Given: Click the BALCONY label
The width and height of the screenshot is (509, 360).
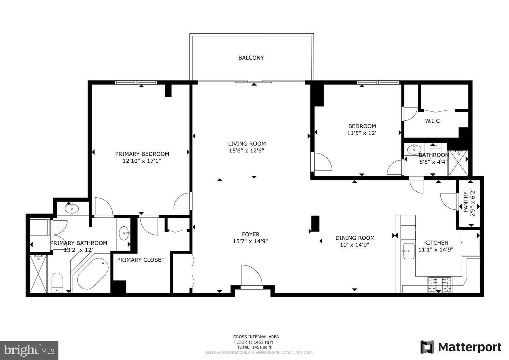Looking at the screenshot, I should (x=251, y=58).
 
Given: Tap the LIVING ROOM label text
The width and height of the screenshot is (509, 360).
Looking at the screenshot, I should (x=247, y=144).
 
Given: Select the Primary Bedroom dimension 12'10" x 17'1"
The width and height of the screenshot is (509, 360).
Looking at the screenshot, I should (x=142, y=161).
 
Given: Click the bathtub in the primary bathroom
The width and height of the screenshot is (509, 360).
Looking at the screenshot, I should (x=93, y=274).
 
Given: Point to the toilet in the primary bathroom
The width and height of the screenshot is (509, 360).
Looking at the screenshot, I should (x=57, y=283).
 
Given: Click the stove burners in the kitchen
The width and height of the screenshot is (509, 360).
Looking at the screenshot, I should (x=440, y=284).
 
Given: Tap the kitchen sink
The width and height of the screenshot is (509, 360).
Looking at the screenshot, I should (x=408, y=251).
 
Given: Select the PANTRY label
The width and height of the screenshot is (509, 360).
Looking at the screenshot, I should (x=466, y=202).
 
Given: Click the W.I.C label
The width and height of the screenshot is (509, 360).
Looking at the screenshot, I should (x=432, y=121).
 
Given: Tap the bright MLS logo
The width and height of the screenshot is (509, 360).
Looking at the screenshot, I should (x=29, y=350).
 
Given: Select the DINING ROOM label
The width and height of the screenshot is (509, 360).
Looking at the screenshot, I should (x=355, y=238).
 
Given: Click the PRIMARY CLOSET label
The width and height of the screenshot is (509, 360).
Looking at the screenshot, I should (x=141, y=260).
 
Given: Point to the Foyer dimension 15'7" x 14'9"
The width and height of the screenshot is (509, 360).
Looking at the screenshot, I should (x=251, y=242).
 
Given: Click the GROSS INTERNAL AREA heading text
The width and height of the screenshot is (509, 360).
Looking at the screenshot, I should (x=256, y=337).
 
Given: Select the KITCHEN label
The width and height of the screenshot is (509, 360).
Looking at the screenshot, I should (x=436, y=243).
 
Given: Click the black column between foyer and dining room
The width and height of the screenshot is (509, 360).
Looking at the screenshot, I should (x=315, y=223).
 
